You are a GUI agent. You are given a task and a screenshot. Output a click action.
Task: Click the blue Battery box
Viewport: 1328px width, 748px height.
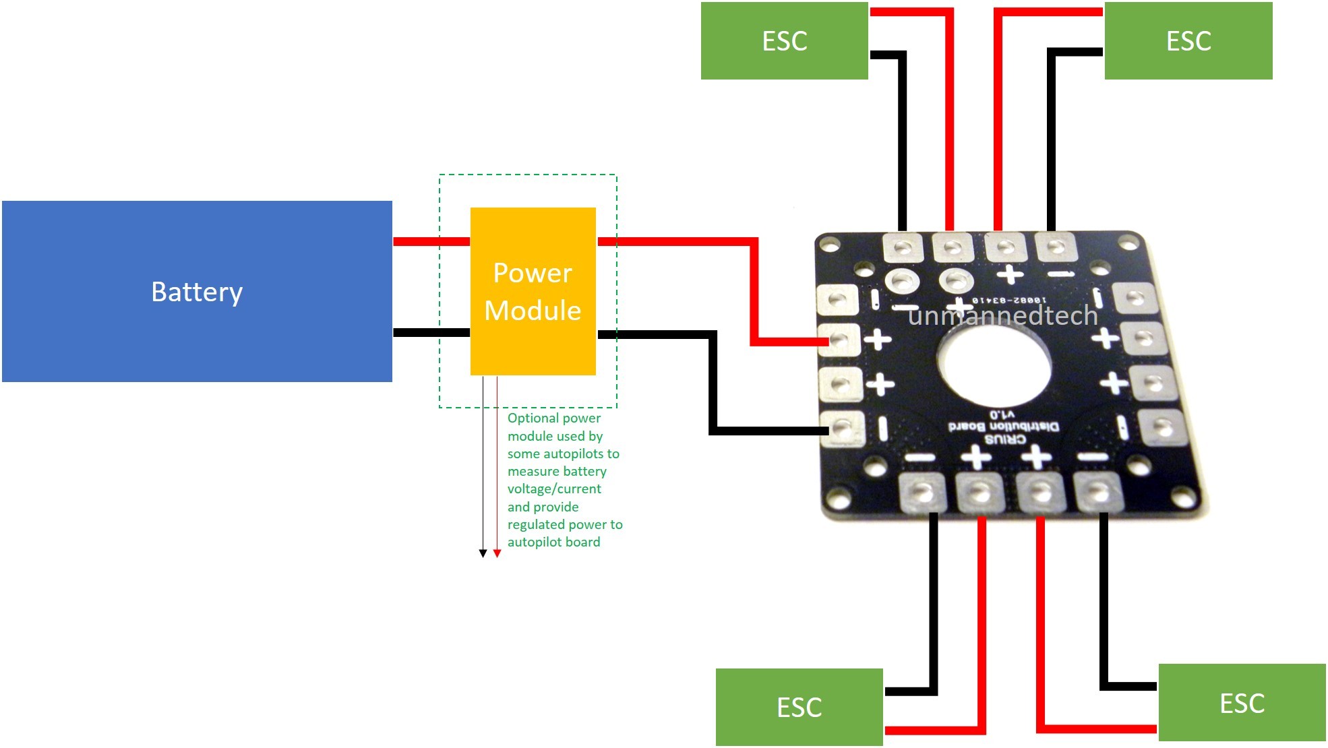[197, 291]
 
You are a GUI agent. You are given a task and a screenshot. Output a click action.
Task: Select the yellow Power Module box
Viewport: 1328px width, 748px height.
[533, 291]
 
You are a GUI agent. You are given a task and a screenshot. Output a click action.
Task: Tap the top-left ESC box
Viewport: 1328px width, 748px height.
[784, 40]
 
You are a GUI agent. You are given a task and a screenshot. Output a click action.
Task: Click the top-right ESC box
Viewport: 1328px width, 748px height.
[1188, 40]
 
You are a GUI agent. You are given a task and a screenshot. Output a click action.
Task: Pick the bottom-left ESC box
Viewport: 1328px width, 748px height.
[799, 707]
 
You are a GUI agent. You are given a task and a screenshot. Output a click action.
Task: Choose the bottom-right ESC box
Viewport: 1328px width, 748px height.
[1242, 702]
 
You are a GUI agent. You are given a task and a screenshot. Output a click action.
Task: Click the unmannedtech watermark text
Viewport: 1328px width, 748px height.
[1002, 315]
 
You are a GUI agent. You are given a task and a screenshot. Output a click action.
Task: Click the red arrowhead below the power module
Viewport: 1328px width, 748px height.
[497, 553]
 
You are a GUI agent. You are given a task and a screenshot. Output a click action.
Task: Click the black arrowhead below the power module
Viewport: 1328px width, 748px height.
[483, 553]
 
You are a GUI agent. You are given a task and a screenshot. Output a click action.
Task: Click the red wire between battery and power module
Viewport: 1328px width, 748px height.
[431, 241]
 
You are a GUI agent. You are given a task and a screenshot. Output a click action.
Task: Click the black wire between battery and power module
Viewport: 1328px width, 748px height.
[431, 332]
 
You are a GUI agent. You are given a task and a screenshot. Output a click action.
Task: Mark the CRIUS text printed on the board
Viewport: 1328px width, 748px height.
[1005, 439]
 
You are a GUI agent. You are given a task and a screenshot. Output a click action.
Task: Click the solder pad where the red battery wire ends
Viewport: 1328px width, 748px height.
[839, 340]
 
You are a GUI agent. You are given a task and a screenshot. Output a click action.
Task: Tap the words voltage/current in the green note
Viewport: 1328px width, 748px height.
[554, 489]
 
